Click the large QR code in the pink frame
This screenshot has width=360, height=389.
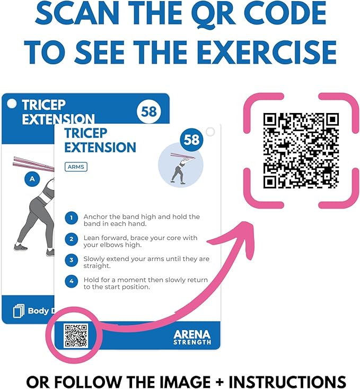pyautogui.click(x=301, y=150)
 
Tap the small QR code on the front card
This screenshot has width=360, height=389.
pyautogui.click(x=76, y=335)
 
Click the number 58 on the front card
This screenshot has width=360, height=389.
pyautogui.click(x=191, y=140)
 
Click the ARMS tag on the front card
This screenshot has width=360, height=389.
pyautogui.click(x=76, y=167)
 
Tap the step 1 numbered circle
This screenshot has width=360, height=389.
pyautogui.click(x=71, y=218)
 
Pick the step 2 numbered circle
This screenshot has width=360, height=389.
pyautogui.click(x=71, y=239)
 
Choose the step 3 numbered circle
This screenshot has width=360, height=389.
pyautogui.click(x=71, y=261)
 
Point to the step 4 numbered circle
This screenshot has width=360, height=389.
pyautogui.click(x=71, y=282)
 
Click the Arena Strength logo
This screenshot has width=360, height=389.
pyautogui.click(x=191, y=337)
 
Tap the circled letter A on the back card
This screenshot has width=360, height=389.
pyautogui.click(x=32, y=179)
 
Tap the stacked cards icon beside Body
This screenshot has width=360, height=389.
pyautogui.click(x=19, y=310)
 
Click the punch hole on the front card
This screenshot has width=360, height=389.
pyautogui.click(x=210, y=132)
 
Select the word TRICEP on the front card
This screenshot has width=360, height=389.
pyautogui.click(x=85, y=133)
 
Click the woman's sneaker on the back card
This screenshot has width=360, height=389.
pyautogui.click(x=21, y=247)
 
